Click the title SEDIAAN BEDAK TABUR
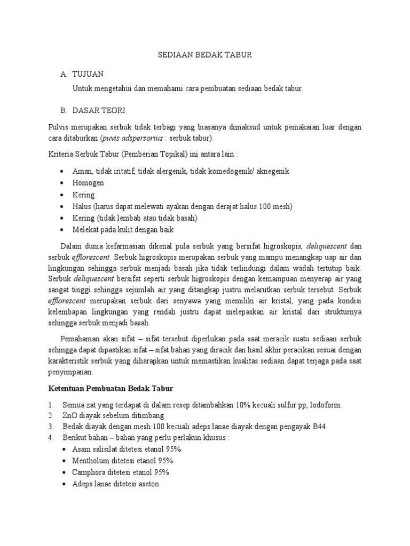(205, 55)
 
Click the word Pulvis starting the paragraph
(58, 127)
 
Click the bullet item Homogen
(88, 182)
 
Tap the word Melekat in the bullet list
(85, 230)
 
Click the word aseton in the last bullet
(147, 484)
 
